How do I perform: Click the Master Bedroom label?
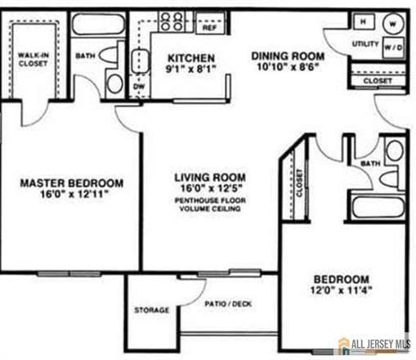coord(71,183)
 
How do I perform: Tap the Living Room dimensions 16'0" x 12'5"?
coord(211,188)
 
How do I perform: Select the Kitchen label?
coord(191,58)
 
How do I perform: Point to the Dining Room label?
coord(288,56)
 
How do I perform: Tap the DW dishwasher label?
coord(138,84)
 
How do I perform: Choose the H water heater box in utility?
coord(363,21)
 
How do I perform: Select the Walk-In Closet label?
coord(34,60)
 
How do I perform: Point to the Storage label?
coord(151,310)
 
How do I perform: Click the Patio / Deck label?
coord(229,304)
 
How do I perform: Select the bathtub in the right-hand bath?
coord(378,205)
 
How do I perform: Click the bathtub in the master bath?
coord(97,24)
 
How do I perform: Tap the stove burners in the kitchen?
coord(172,20)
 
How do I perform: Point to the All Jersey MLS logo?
coord(374,344)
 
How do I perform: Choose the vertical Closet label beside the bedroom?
coord(299,182)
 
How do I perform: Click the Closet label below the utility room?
coord(377,82)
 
